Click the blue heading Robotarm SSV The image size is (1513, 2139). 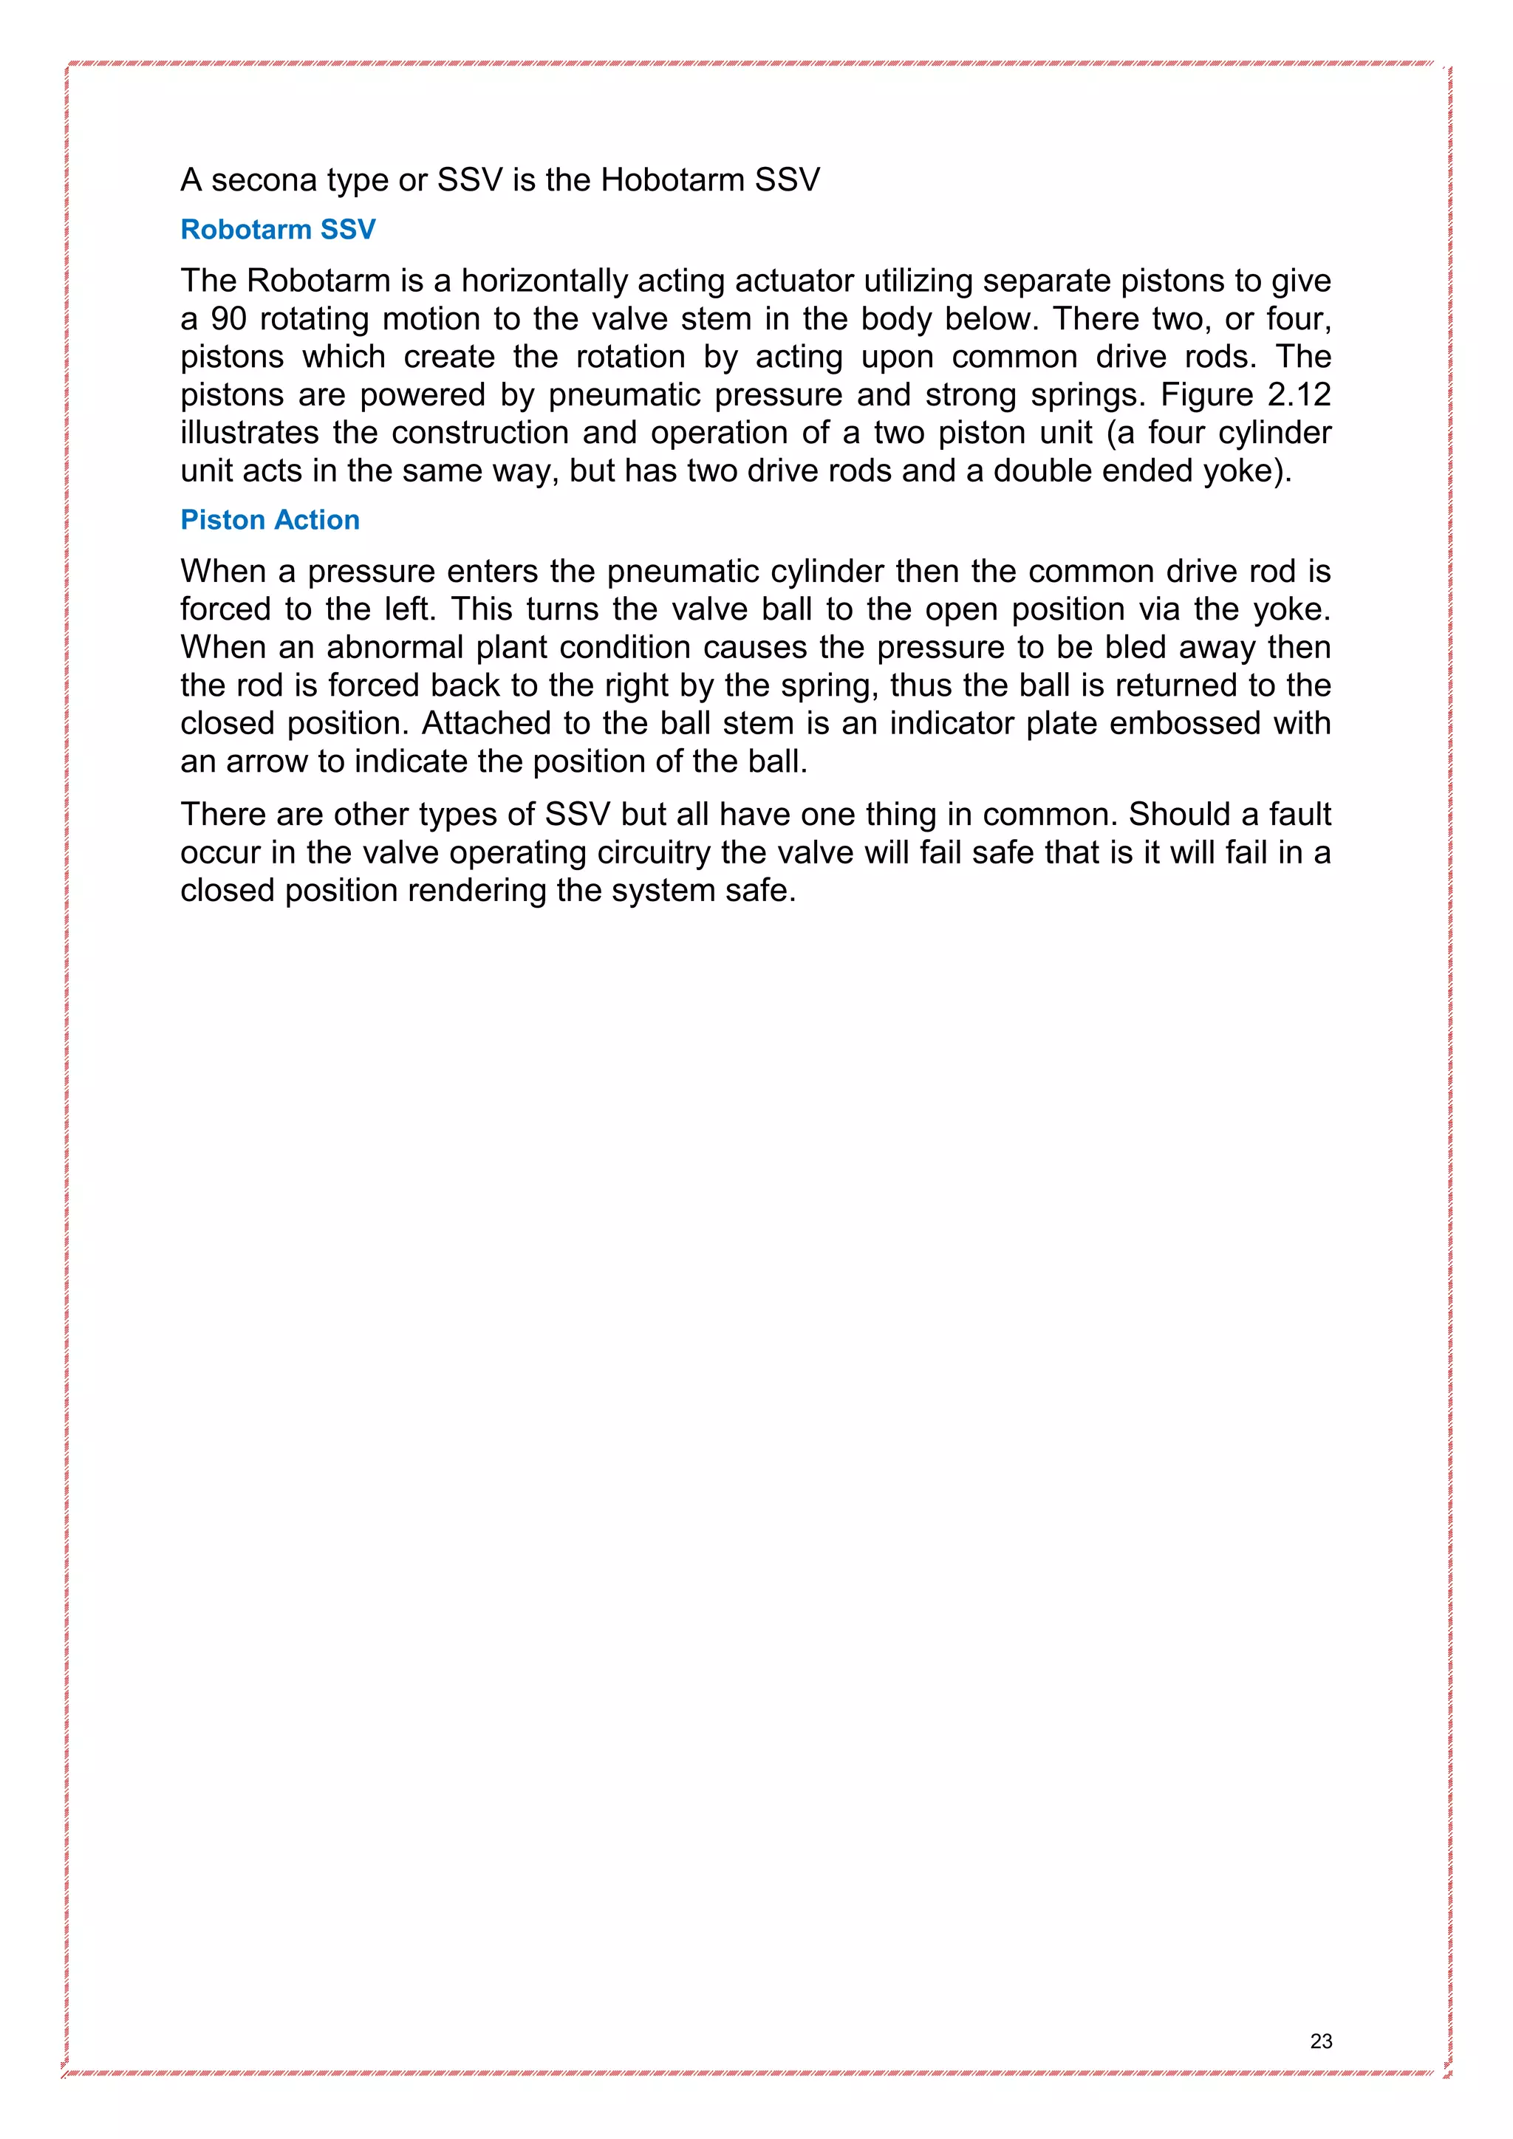278,229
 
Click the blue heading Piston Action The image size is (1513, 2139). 270,520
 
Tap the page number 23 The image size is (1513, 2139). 1320,2042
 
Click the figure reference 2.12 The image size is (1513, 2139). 1299,395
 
